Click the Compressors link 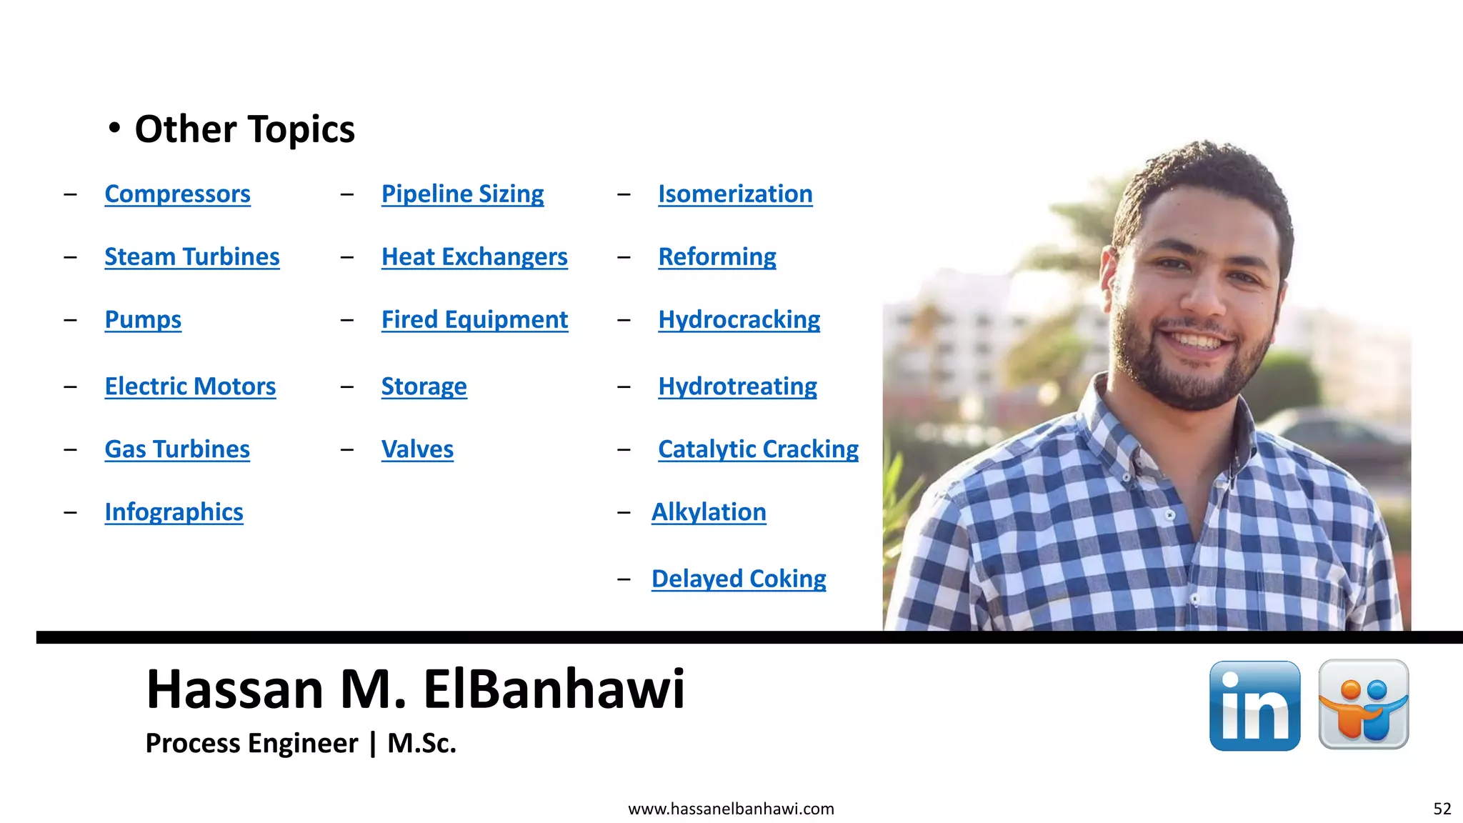[x=177, y=194]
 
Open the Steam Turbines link [x=191, y=257]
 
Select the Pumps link [x=143, y=320]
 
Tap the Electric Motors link [x=190, y=386]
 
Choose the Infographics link [x=174, y=512]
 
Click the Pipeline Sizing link [x=462, y=194]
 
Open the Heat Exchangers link [x=474, y=257]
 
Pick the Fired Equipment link [x=474, y=320]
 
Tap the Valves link [x=417, y=449]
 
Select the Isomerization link [x=735, y=194]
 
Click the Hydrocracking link [x=739, y=320]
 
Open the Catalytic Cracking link [x=758, y=449]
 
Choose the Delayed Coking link [x=739, y=579]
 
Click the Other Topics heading [x=244, y=129]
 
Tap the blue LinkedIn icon [x=1254, y=706]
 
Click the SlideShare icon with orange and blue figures [x=1363, y=704]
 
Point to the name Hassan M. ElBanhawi [x=415, y=689]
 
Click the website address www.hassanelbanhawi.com [x=731, y=809]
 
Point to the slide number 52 [x=1442, y=809]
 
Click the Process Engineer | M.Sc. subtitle [x=300, y=743]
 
